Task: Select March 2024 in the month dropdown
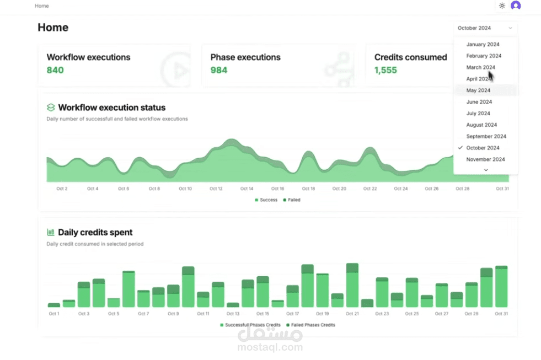(480, 67)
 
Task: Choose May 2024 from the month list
(478, 90)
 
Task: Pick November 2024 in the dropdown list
(485, 159)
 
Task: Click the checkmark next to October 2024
(460, 148)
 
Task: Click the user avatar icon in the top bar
(516, 6)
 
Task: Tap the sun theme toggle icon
(502, 6)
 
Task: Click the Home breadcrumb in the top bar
(41, 6)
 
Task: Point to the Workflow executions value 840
(55, 70)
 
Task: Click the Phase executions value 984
(219, 70)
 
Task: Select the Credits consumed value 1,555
(385, 70)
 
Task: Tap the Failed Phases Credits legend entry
(310, 325)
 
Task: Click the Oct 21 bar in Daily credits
(352, 286)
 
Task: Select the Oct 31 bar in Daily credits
(501, 287)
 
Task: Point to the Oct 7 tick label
(143, 314)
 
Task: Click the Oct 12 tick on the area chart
(216, 189)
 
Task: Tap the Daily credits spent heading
(95, 233)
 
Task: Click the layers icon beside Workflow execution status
(51, 108)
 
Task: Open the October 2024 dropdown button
(485, 28)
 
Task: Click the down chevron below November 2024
(486, 170)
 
